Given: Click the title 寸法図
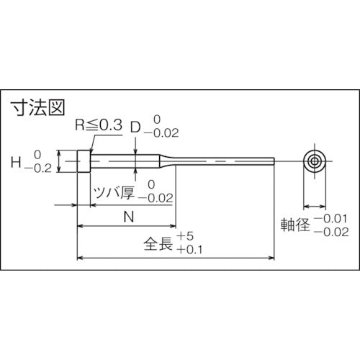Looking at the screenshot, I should point(37,108).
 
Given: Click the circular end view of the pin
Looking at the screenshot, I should point(312,161).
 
